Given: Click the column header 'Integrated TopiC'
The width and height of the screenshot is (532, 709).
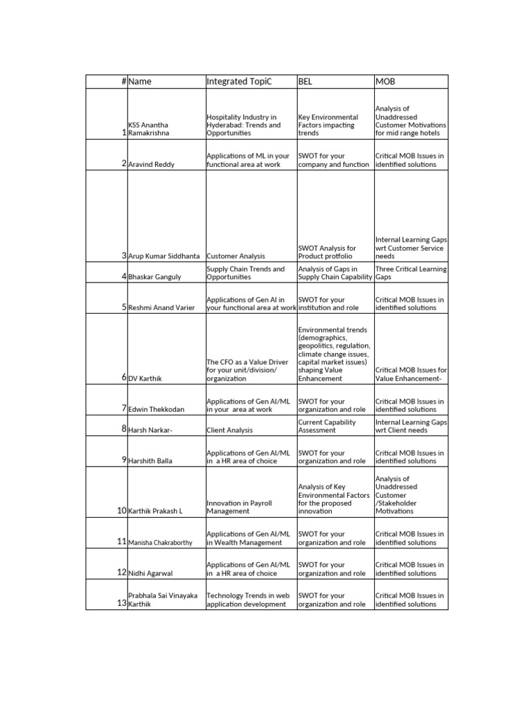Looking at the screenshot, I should pos(240,82).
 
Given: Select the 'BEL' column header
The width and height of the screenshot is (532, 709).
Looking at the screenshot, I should pos(305,82).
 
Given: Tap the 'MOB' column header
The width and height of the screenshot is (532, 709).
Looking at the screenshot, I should pos(385,82).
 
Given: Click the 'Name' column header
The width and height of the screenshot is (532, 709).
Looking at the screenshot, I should pos(140,82).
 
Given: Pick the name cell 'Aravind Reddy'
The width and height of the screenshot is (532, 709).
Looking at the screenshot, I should pos(152,165).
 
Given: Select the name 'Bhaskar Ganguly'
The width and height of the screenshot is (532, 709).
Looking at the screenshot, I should pos(154,277).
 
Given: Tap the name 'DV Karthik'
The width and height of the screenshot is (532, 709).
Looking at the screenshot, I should pos(145,379).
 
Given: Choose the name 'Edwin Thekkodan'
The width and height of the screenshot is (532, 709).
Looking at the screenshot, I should pos(157,409).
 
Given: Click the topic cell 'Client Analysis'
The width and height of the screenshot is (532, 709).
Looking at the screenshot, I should pos(230,430).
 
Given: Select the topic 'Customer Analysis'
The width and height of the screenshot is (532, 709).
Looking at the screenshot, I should pos(236,256).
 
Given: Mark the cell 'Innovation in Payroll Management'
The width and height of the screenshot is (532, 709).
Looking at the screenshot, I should pos(239,507).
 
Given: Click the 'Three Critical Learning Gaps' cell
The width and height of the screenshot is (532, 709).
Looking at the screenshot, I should pos(411,273).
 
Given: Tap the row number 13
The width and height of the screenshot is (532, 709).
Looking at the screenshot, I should pos(121,603).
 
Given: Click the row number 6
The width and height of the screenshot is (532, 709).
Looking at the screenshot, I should pos(124,377).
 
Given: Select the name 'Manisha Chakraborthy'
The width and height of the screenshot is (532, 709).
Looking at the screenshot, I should pos(161,543).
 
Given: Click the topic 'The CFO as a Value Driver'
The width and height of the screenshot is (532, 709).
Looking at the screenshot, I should pos(242,370).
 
